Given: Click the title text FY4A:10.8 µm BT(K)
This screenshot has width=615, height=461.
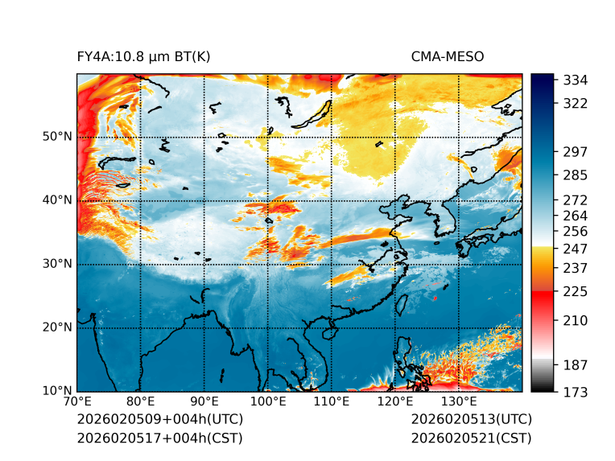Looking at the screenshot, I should point(144,57).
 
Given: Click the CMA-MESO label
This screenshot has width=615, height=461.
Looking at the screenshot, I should point(448,57).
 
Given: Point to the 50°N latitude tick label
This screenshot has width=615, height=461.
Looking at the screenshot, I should point(57,137).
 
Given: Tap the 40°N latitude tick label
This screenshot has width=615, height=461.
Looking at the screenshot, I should point(57,200).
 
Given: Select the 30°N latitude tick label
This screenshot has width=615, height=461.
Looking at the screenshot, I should point(57,264).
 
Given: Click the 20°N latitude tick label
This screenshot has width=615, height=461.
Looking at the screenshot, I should point(57,327).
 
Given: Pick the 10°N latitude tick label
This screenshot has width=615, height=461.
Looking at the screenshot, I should point(57,391).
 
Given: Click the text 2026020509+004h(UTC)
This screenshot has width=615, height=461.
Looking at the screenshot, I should point(159,420).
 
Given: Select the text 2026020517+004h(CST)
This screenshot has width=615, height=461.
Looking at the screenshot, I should point(159,438).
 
